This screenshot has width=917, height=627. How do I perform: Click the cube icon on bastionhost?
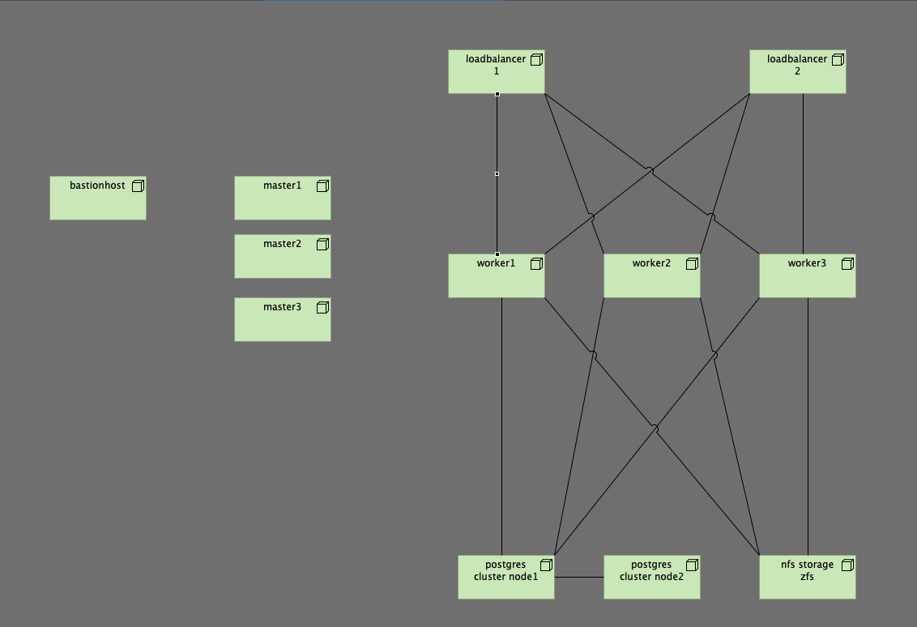tap(138, 186)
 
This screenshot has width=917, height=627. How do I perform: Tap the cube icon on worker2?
tap(692, 264)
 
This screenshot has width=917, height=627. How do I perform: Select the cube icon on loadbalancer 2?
tap(838, 60)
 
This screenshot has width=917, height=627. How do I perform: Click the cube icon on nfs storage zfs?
tap(847, 565)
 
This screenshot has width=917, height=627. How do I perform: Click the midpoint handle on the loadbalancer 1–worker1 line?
tap(497, 173)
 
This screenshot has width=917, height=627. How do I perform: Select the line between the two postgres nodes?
tap(579, 578)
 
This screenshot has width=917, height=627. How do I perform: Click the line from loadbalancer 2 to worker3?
tap(803, 174)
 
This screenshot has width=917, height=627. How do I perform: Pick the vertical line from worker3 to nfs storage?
tap(808, 425)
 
